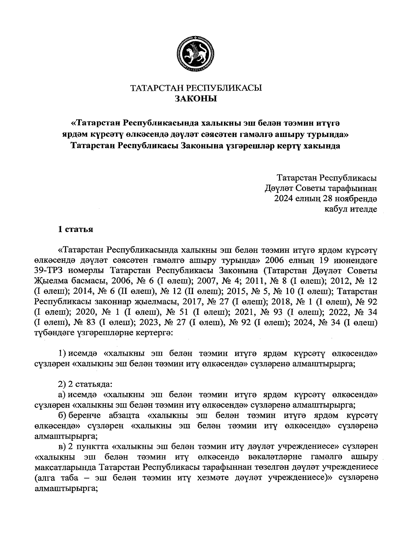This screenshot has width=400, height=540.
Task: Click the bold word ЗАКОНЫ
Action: tap(196, 99)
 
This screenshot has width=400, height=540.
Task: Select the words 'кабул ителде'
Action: tap(351, 209)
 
